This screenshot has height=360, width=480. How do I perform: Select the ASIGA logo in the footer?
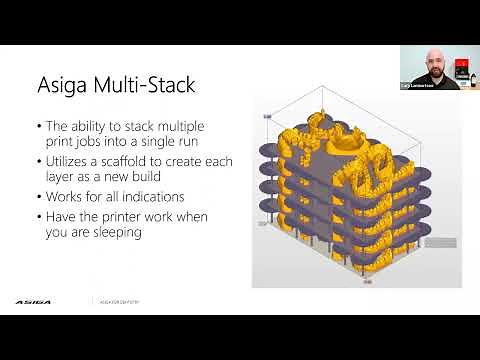(32, 299)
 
